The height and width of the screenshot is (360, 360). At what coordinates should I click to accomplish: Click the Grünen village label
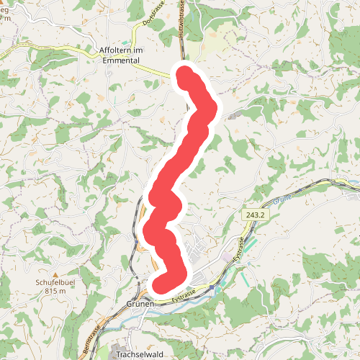140,305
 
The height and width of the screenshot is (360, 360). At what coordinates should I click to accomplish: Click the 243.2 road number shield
253,215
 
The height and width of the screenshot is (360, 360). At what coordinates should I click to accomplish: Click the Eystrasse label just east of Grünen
184,295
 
